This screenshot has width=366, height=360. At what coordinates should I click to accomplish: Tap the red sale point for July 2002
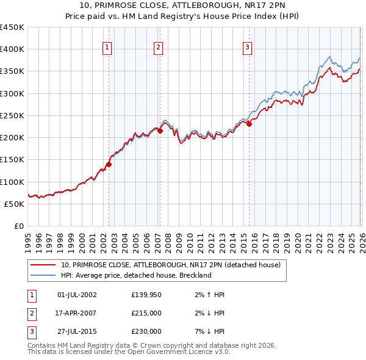click(109, 164)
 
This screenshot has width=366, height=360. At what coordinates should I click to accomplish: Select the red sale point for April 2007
click(160, 131)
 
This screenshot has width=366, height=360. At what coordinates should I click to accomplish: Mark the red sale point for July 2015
click(249, 124)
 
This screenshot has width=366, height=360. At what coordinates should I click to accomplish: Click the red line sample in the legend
click(43, 265)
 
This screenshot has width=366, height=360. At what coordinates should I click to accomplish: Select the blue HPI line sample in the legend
click(43, 275)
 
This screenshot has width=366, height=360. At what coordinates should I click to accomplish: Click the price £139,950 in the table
click(146, 295)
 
